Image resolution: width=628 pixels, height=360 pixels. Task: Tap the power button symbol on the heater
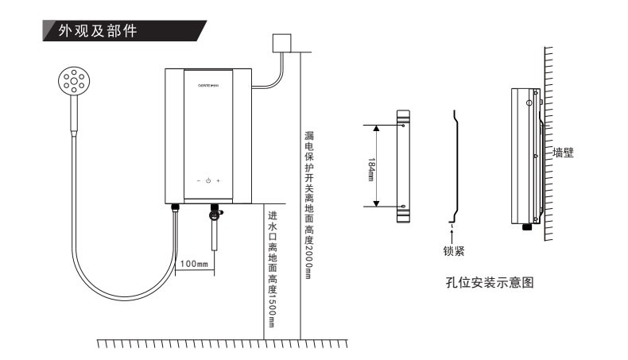pyautogui.click(x=207, y=181)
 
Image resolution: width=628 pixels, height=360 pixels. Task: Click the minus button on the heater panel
pyautogui.click(x=198, y=181)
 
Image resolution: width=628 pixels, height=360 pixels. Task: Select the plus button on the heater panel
pyautogui.click(x=218, y=181)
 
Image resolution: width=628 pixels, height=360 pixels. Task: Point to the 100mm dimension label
pyautogui.click(x=194, y=263)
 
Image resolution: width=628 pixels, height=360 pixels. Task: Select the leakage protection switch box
pyautogui.click(x=281, y=44)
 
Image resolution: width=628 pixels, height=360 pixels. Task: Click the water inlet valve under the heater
pyautogui.click(x=214, y=212)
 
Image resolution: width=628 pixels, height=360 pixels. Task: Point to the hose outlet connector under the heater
pyautogui.click(x=176, y=210)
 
